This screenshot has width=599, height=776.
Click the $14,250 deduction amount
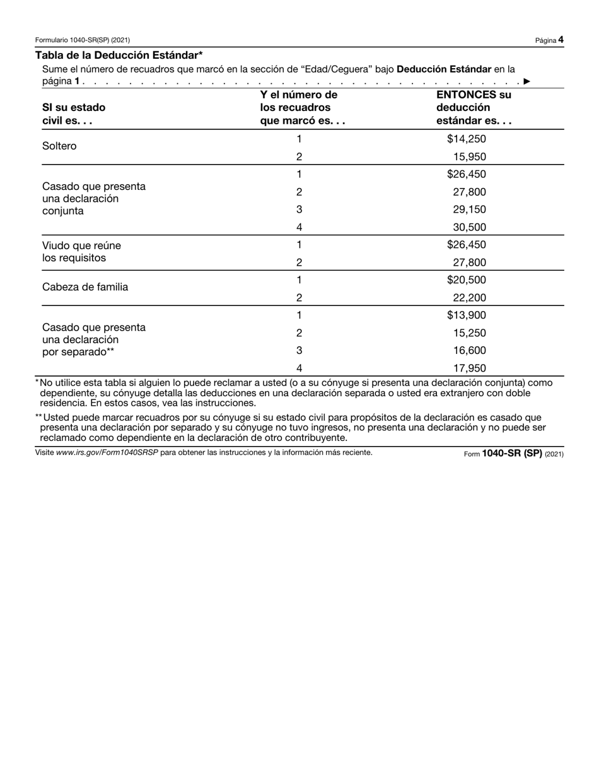coord(466,139)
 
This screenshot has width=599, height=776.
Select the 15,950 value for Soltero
coord(469,157)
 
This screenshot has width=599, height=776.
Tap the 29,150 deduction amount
coord(469,209)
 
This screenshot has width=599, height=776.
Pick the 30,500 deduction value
coord(469,227)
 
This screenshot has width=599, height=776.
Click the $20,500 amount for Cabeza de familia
coord(466,280)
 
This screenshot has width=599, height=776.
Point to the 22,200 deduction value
coord(469,298)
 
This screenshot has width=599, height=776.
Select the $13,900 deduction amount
coord(466,315)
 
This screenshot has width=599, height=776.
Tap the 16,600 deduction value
coord(469,351)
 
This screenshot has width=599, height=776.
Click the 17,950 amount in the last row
coord(469,368)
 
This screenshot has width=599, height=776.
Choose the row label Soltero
coord(59,146)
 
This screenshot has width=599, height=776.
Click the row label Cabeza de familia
coord(85,287)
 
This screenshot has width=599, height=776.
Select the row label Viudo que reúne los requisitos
coord(81,252)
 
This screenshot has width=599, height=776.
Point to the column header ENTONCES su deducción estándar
coord(474,108)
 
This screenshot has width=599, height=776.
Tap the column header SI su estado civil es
coord(74,114)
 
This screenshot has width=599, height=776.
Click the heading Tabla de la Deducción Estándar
coord(119,55)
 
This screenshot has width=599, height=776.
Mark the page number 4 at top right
coord(561,40)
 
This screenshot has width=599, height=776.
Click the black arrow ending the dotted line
coord(526,81)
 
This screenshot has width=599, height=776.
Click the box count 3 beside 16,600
coord(299,351)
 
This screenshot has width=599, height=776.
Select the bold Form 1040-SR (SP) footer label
coord(511,453)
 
